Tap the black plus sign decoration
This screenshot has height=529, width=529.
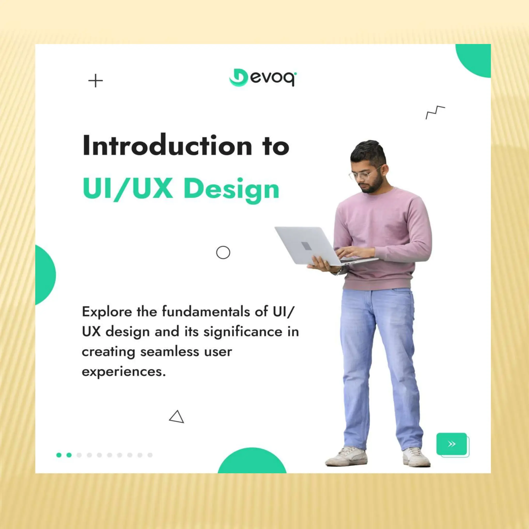(96, 81)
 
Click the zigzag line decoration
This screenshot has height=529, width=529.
(435, 112)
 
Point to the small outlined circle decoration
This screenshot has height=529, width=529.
(223, 252)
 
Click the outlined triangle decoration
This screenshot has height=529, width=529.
(177, 417)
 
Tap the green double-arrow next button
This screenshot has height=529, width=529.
(452, 444)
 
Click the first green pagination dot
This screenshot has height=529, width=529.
(59, 455)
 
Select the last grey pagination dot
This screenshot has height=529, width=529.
(150, 455)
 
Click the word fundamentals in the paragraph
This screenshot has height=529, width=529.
(206, 312)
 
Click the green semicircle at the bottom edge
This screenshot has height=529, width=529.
(252, 463)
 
